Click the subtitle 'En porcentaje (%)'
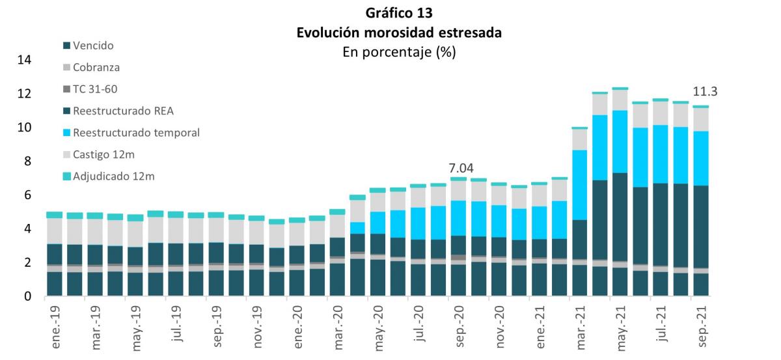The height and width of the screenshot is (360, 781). (x=398, y=52)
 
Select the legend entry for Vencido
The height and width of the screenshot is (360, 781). (x=93, y=46)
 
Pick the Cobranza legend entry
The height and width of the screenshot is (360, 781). (x=96, y=67)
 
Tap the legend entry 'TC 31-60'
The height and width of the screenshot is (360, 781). (x=95, y=89)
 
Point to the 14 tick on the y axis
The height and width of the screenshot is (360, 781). (x=24, y=60)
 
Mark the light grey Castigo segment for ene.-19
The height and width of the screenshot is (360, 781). (x=55, y=231)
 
